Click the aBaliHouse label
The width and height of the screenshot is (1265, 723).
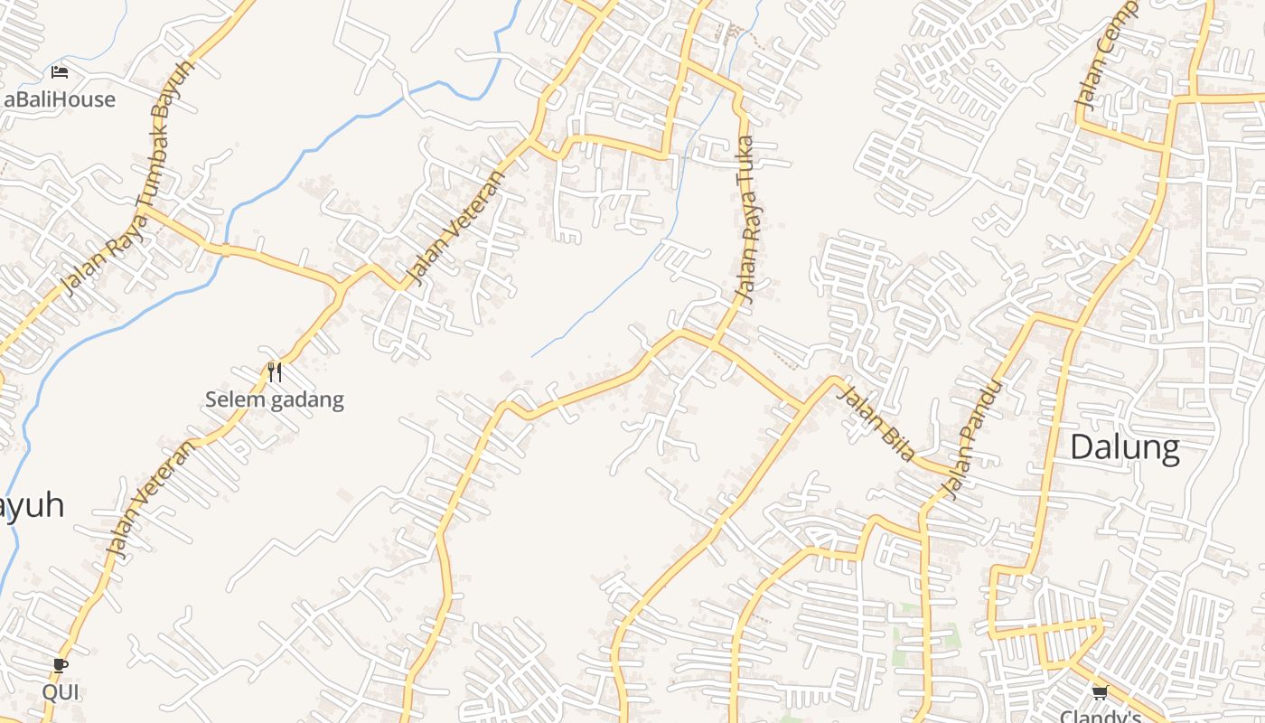tap(60, 99)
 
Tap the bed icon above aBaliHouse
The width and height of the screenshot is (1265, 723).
tap(60, 72)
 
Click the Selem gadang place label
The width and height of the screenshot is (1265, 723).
tap(275, 399)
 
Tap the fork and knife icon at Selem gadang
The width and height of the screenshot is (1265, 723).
tap(275, 371)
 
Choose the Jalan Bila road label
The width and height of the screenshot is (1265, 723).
tap(876, 422)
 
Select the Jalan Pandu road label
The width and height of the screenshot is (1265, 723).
tap(972, 439)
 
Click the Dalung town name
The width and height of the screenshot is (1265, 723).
tap(1125, 447)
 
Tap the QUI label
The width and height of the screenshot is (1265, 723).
tap(60, 692)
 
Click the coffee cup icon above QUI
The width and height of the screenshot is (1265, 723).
tap(60, 666)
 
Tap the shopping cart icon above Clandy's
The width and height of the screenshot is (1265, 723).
tap(1100, 693)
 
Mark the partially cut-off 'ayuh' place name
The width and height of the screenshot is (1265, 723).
tap(33, 506)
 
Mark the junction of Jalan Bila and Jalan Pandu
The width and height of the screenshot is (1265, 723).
tap(949, 474)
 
